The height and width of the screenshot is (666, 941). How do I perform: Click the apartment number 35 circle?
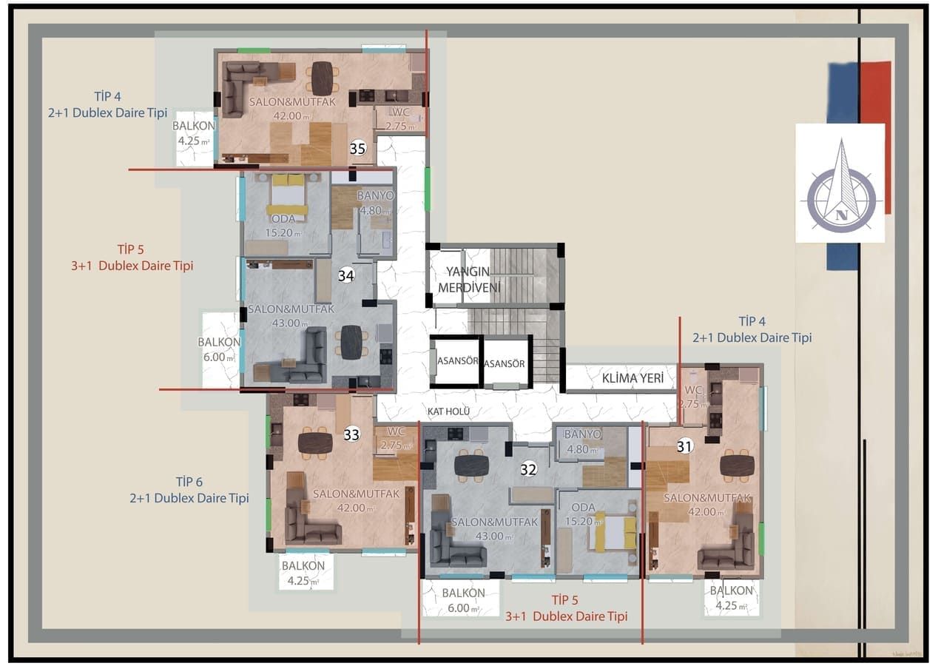358,149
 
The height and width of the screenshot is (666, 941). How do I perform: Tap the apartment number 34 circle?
345,275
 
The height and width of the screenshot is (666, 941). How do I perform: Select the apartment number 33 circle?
351,434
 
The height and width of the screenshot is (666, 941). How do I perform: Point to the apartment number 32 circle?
527,468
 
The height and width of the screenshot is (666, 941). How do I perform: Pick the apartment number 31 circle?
685,446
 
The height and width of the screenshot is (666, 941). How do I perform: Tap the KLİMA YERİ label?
629,379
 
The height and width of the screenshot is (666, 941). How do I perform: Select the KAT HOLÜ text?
448,411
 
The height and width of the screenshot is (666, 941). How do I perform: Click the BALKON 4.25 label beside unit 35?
194,133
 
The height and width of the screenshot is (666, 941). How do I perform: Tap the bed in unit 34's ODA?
288,194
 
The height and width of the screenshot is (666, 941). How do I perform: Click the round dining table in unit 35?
322,78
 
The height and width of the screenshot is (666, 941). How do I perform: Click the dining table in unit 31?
737,465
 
